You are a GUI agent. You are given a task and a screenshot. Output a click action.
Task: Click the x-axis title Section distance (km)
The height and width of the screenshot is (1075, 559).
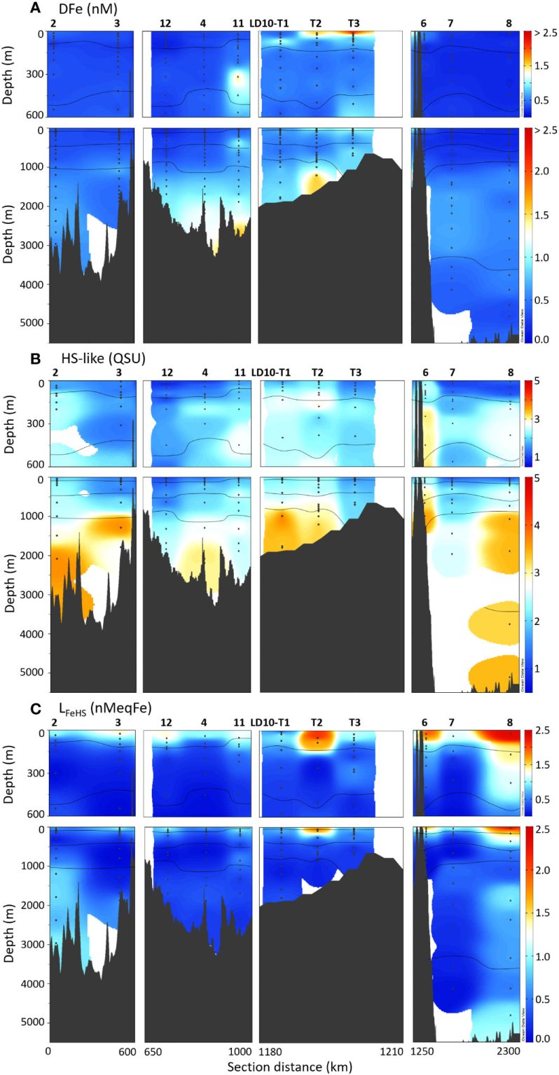pyautogui.click(x=289, y=1066)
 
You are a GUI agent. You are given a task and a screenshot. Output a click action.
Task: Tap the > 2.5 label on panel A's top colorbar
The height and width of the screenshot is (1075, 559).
pyautogui.click(x=541, y=34)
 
